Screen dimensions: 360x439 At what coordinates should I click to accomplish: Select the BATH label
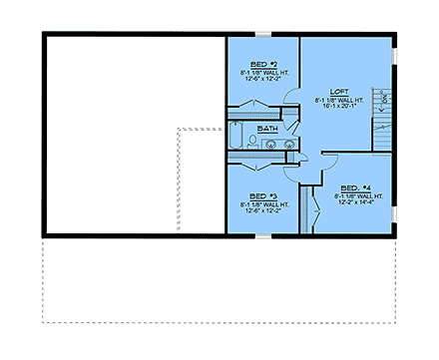pos(267,129)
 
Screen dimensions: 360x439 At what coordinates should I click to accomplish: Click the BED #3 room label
pos(260,195)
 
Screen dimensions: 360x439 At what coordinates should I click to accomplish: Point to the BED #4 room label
pos(356,187)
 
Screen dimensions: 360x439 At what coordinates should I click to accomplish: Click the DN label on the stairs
pos(384,97)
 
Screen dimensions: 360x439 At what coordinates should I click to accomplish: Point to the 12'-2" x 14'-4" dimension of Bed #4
pos(356,205)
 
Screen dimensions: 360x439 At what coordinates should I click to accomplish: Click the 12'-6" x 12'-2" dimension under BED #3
pos(260,212)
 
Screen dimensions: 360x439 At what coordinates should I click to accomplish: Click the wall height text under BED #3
pos(260,204)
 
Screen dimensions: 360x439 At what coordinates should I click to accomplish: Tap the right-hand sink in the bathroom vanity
pos(290,145)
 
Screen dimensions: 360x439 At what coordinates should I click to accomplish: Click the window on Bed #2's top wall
pos(261,35)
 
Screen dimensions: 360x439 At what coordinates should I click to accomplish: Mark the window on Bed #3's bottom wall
pos(261,236)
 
